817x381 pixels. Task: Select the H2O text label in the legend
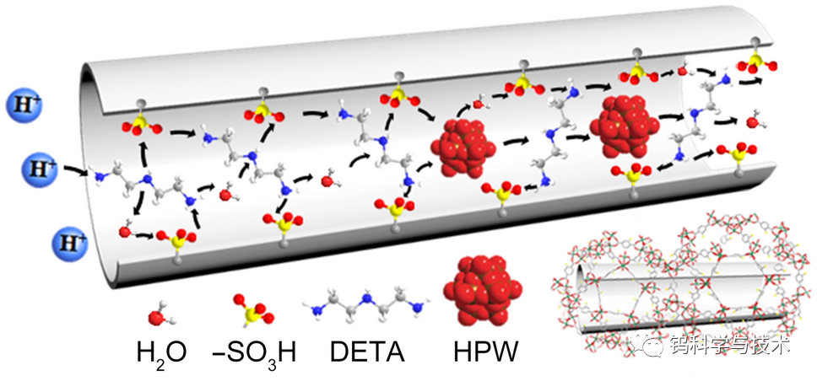point(160,350)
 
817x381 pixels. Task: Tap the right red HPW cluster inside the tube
point(626,126)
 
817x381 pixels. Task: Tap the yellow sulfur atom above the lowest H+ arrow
point(177,244)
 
